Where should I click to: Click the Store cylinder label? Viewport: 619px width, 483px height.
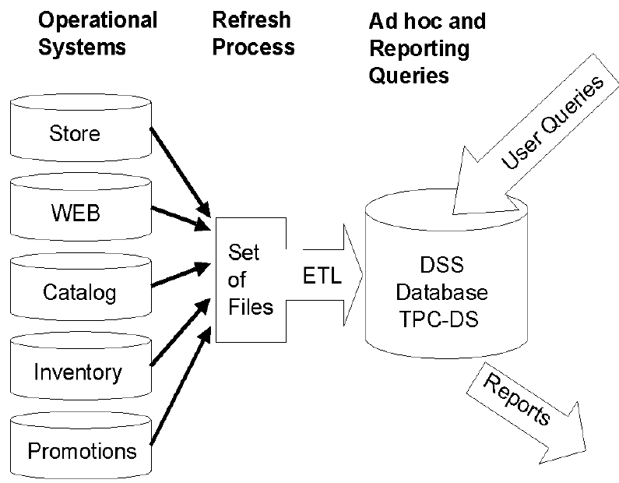click(75, 133)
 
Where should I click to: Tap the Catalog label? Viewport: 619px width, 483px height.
click(79, 292)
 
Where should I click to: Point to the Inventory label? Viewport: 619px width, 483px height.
click(78, 372)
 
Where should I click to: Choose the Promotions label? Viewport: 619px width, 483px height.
click(82, 450)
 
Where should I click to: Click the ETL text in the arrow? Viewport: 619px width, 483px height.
click(321, 277)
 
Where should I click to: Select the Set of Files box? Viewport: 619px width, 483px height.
click(251, 280)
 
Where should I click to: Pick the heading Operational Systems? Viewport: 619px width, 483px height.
click(97, 33)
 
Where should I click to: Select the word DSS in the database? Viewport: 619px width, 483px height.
click(442, 266)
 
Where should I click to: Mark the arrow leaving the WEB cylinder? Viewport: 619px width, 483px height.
click(184, 220)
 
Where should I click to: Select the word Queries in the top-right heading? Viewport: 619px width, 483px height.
click(410, 76)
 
